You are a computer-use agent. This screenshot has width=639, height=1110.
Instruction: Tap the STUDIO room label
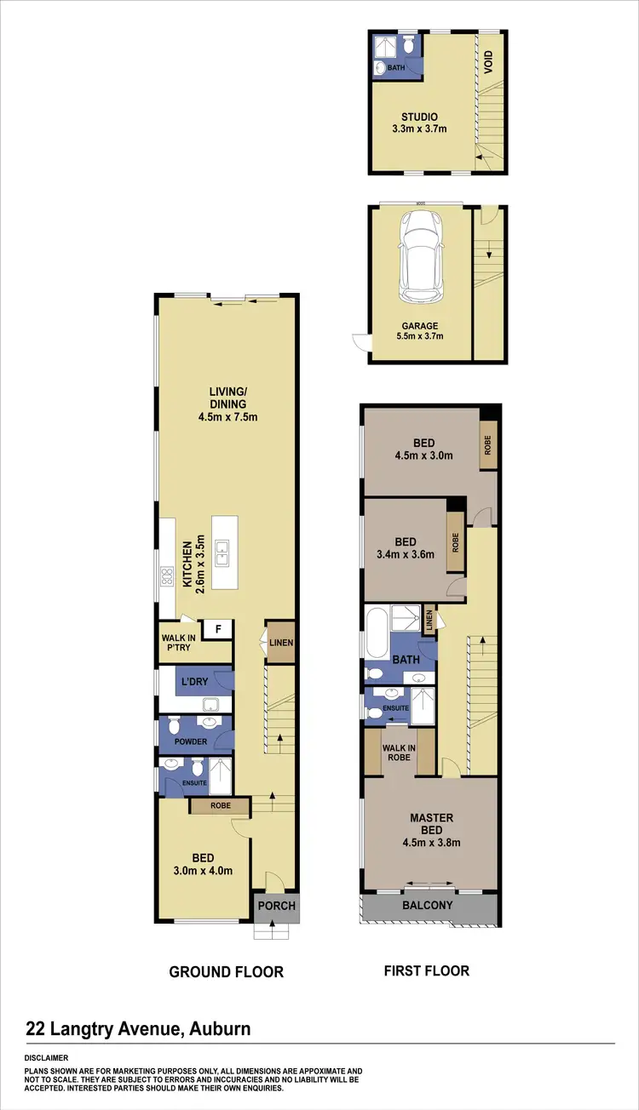point(420,117)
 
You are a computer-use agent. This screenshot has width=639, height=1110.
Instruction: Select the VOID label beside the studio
point(489,62)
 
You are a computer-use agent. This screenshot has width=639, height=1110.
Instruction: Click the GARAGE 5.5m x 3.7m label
point(421,331)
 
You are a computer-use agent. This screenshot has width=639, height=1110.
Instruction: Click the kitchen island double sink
point(222,554)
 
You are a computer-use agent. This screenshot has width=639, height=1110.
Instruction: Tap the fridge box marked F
point(218,630)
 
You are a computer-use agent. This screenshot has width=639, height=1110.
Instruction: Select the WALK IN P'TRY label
point(178,641)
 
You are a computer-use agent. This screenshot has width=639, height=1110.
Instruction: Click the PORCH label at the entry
point(277,906)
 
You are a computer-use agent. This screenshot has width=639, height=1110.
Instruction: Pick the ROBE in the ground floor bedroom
point(219,804)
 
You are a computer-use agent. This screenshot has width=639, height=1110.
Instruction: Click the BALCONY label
point(427,906)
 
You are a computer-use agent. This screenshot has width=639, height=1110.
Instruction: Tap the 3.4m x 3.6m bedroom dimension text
point(406,554)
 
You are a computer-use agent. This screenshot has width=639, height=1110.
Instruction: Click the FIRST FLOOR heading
point(425,970)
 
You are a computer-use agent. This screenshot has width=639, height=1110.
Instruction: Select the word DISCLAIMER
point(49,1058)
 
